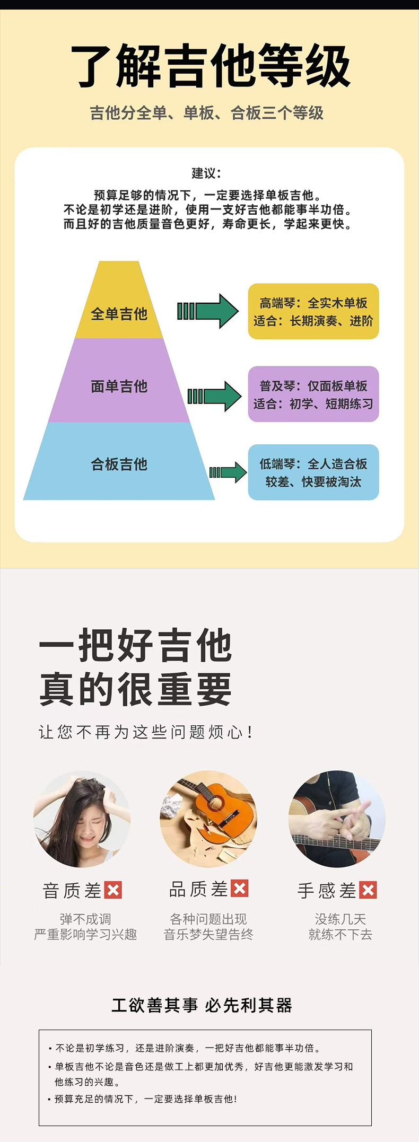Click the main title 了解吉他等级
pyautogui.click(x=211, y=66)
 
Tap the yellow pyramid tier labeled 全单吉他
pyautogui.click(x=119, y=313)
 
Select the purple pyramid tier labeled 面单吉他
pyautogui.click(x=119, y=386)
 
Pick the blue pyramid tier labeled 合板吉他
pyautogui.click(x=119, y=464)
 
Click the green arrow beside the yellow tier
pyautogui.click(x=208, y=311)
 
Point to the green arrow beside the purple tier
pyautogui.click(x=214, y=396)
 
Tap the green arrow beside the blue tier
pyautogui.click(x=228, y=472)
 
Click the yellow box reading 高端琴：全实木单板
pyautogui.click(x=313, y=311)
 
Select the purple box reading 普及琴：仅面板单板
pyautogui.click(x=313, y=394)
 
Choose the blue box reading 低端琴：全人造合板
pyautogui.click(x=313, y=472)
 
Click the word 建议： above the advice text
pyautogui.click(x=206, y=173)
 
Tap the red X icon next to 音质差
pyautogui.click(x=113, y=890)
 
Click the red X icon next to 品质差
pyautogui.click(x=240, y=888)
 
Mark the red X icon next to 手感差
pyautogui.click(x=368, y=890)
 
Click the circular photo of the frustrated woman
pyautogui.click(x=82, y=819)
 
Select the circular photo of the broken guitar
pyautogui.click(x=208, y=819)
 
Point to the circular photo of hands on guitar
pyautogui.click(x=337, y=819)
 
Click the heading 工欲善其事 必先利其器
pyautogui.click(x=202, y=1005)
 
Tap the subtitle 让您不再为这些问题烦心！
pyautogui.click(x=146, y=732)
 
